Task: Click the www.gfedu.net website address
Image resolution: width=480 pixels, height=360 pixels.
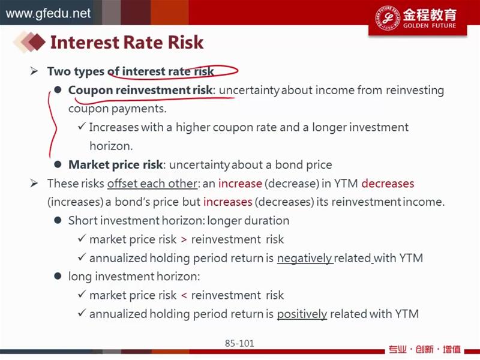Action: coord(48,13)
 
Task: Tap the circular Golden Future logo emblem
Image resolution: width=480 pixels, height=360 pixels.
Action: coord(388,18)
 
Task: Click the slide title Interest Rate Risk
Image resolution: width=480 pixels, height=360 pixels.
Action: coord(127,42)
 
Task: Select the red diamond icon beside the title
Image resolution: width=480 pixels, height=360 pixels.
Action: coord(37,42)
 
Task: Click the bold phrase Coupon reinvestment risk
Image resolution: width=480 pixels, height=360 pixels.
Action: coord(140,90)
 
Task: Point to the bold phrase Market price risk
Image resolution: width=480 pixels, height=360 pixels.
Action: coord(115,164)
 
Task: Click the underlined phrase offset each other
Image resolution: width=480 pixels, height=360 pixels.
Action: coord(152,184)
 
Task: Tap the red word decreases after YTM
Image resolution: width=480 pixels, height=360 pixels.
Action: coord(388,184)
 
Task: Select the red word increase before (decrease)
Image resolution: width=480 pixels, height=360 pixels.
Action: coord(240,184)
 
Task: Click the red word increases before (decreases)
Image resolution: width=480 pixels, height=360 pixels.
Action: coord(228,202)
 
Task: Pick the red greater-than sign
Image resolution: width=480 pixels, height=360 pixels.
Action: coord(184,239)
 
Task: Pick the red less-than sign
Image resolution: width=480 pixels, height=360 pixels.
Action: coord(184,295)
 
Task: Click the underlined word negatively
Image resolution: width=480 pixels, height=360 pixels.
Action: coord(305,258)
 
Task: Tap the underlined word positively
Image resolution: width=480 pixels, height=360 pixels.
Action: coord(302,314)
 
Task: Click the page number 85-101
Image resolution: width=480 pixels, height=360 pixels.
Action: coord(239,343)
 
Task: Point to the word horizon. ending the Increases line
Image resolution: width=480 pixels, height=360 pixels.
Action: coord(111,146)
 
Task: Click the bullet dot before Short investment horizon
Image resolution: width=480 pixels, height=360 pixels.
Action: coord(58,220)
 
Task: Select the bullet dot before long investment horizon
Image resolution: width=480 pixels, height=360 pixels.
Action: coord(58,276)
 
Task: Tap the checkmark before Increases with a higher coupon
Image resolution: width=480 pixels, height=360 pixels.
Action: coord(82,126)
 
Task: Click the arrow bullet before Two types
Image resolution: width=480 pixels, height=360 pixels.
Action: coord(34,71)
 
